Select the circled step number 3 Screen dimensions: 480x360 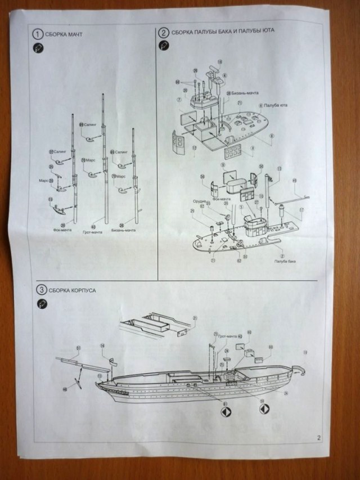click(x=40, y=290)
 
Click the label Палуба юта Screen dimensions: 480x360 click(x=272, y=105)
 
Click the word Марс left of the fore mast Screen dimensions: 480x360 click(x=43, y=180)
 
